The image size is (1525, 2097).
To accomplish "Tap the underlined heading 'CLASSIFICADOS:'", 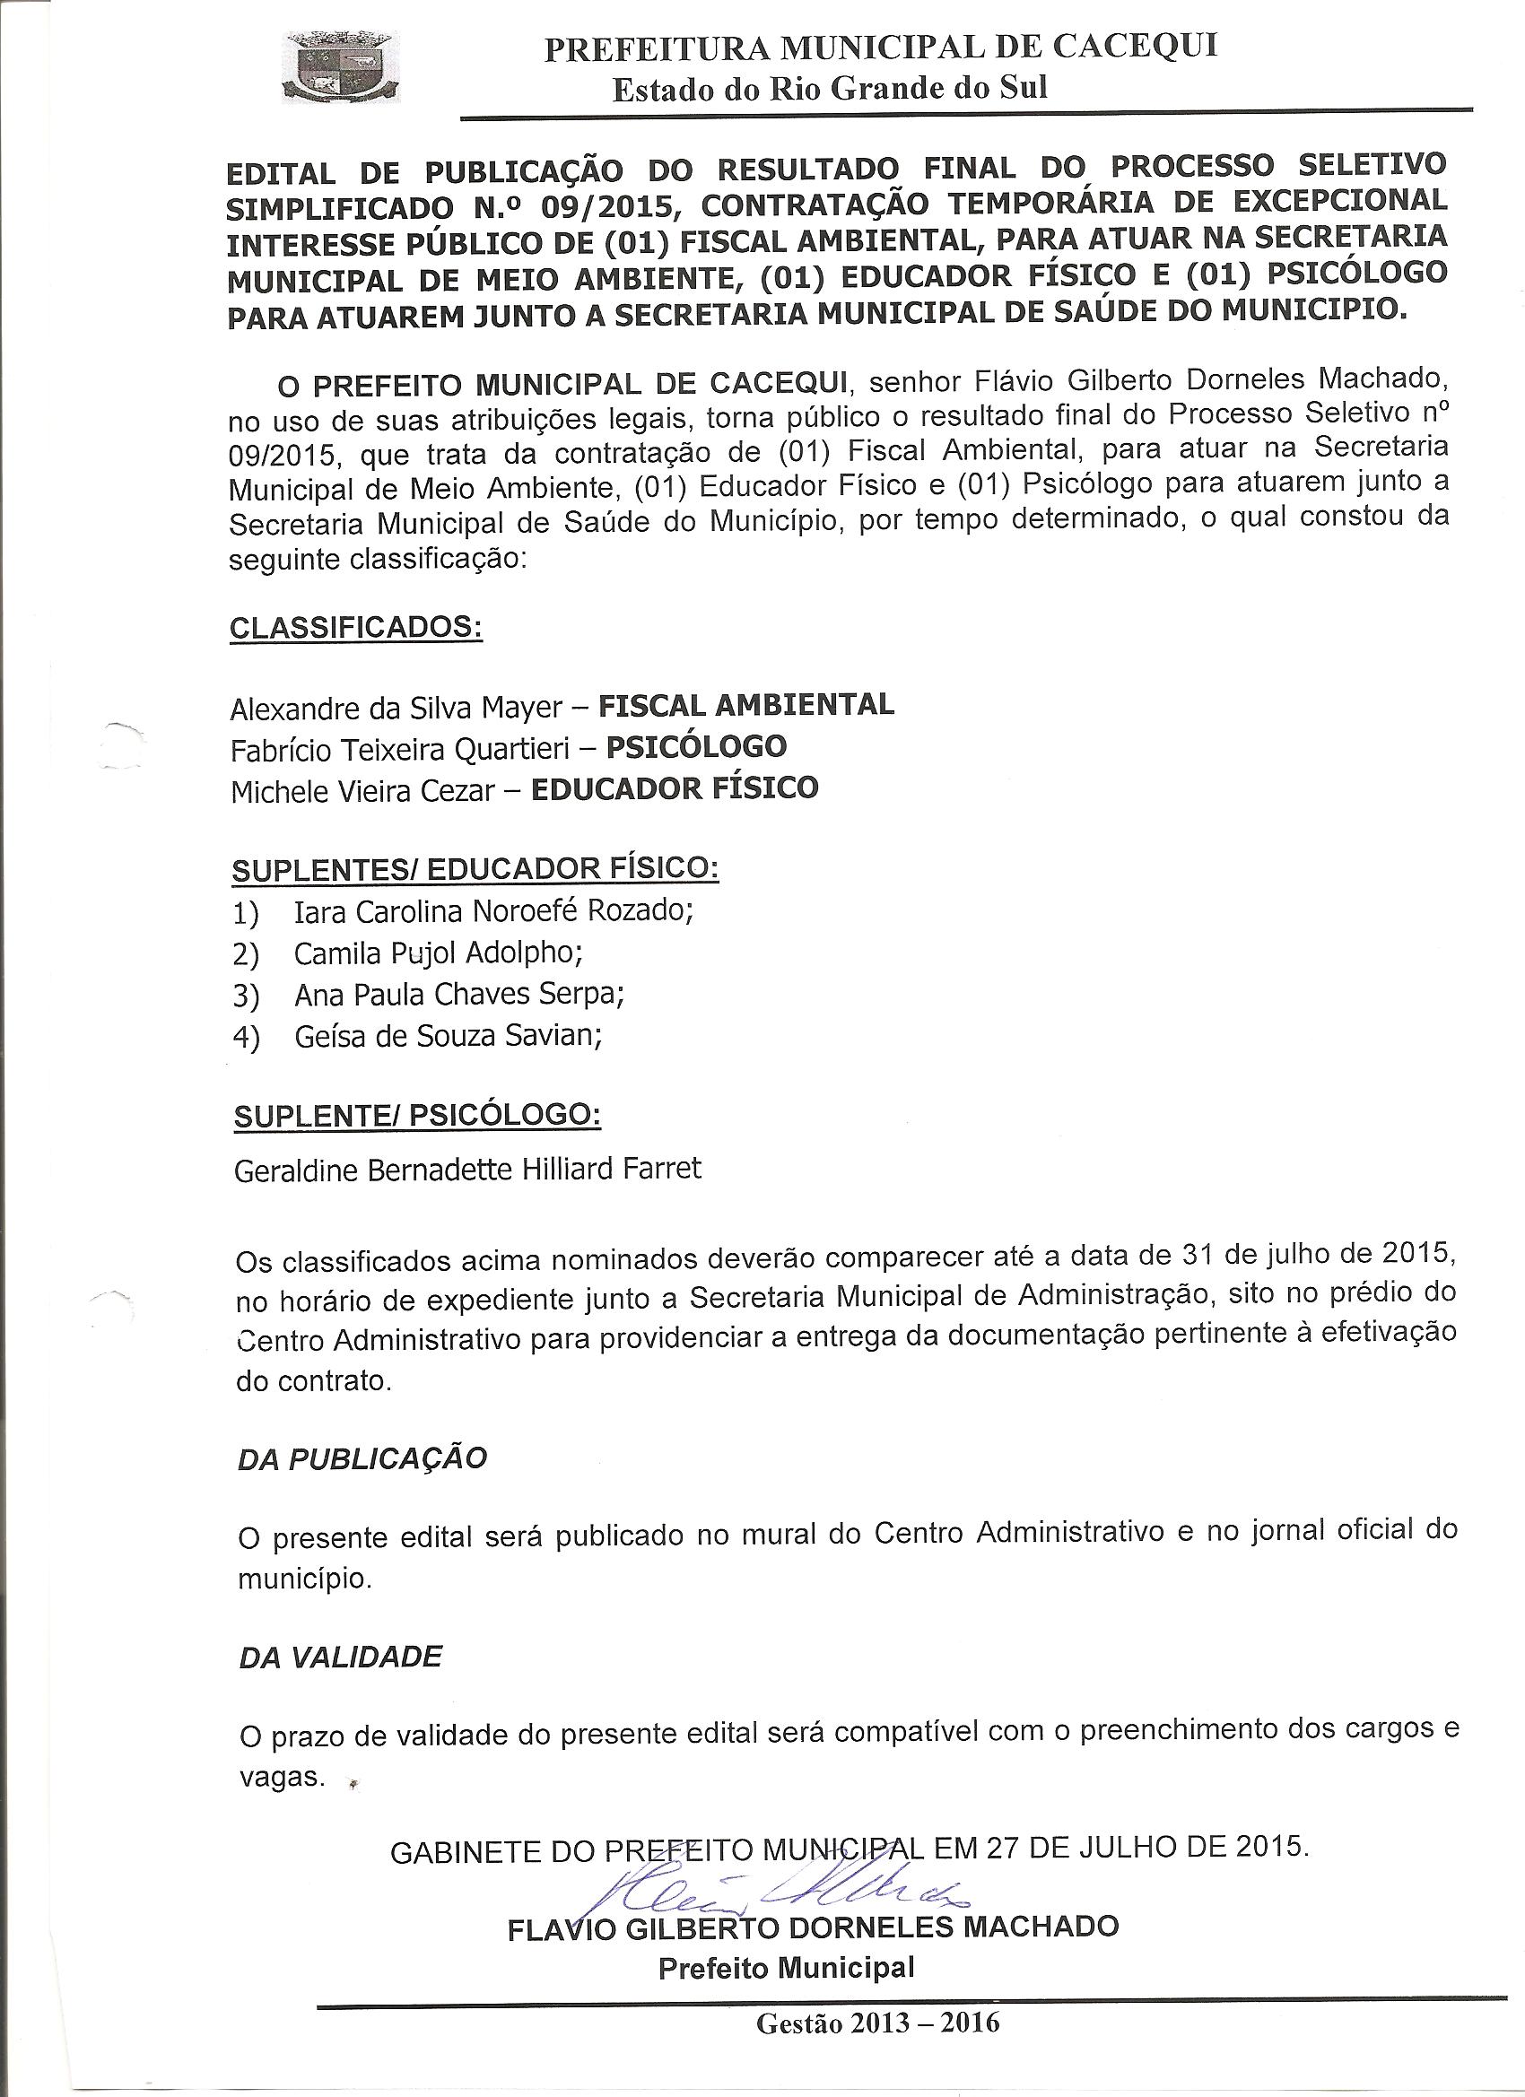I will (356, 628).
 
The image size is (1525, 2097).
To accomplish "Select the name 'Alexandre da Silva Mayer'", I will (396, 709).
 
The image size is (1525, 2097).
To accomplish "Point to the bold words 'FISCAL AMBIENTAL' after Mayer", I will (746, 705).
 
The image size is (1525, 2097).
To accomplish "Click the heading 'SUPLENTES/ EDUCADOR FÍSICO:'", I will (475, 870).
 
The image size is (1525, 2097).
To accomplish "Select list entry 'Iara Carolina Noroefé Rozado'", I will (492, 911).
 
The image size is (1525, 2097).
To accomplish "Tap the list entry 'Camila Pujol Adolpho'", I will (438, 953).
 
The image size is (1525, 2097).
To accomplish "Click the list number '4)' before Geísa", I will (246, 1039).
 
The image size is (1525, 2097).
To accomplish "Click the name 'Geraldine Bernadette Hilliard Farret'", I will (468, 1170).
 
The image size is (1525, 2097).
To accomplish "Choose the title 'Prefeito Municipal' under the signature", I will (786, 1935).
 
